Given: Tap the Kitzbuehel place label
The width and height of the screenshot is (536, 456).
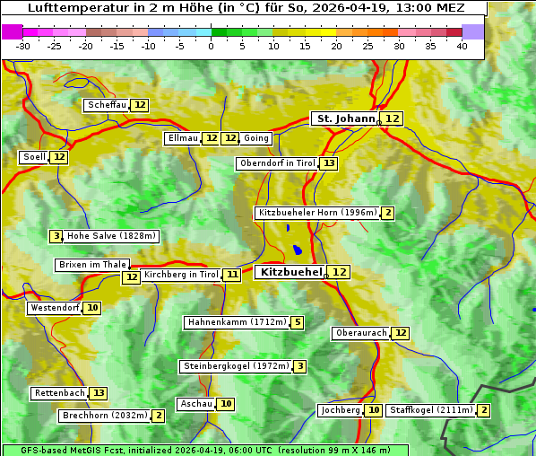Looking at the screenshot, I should [x=290, y=271].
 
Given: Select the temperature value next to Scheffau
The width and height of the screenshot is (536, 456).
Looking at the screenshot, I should [x=140, y=105].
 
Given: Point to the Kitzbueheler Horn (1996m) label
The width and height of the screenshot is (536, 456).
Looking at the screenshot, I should [x=317, y=213].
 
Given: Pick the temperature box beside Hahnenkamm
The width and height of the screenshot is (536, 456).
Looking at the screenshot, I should [x=298, y=322].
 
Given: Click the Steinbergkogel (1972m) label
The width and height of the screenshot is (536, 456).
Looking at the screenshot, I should [x=236, y=366].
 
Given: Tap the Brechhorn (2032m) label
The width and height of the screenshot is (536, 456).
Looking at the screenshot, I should [x=105, y=416].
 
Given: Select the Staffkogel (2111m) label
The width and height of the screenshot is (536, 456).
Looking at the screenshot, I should [x=430, y=410].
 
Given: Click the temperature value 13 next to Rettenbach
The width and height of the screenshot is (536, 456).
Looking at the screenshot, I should [x=99, y=393].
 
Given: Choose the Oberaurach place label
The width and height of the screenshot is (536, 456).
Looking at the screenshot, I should [x=360, y=333].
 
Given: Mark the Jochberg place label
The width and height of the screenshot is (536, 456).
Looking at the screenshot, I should [x=340, y=410].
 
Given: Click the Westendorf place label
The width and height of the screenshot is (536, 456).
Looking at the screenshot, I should [x=55, y=308].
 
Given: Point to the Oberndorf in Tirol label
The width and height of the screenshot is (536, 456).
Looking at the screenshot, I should [x=278, y=163].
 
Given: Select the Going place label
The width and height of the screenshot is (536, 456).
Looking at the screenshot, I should [x=256, y=138].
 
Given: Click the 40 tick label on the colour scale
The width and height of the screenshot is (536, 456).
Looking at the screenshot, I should [x=462, y=46].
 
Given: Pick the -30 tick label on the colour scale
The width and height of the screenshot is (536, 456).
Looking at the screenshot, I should [x=23, y=46].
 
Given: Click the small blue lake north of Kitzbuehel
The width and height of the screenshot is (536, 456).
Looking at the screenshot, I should [x=297, y=250].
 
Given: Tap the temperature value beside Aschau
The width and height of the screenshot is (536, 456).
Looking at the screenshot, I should [x=226, y=404].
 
